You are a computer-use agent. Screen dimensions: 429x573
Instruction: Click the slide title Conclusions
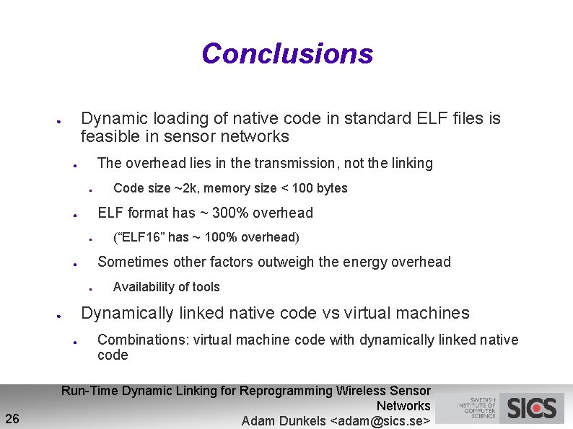pos(287,54)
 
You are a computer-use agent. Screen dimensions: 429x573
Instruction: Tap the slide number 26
pos(12,418)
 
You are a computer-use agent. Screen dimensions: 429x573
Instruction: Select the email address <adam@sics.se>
pos(380,421)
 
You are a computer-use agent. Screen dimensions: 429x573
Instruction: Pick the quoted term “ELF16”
pos(138,237)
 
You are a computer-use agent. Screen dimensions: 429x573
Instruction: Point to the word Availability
pos(141,287)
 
